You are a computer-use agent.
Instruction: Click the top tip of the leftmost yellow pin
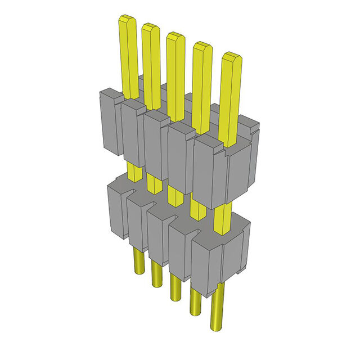click(x=128, y=20)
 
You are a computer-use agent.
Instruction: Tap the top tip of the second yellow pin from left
click(x=151, y=27)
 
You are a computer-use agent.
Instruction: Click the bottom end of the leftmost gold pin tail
click(x=137, y=275)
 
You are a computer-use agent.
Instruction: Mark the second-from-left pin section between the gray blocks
click(x=152, y=183)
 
